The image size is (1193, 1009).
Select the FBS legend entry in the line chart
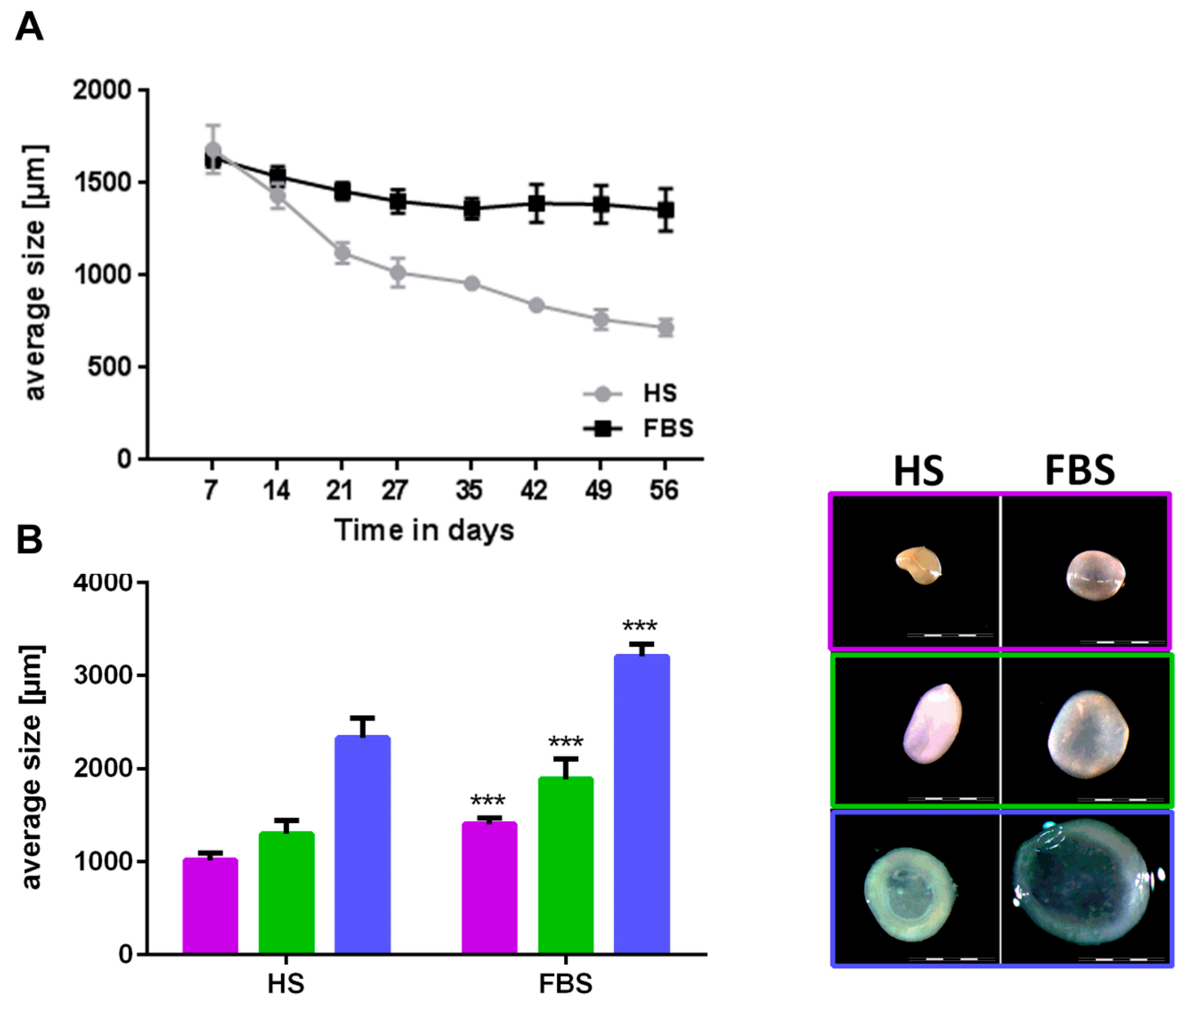coord(668,428)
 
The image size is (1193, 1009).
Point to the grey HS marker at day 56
coord(665,328)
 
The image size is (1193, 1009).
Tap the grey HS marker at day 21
coord(342,253)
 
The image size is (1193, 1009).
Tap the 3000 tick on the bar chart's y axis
coord(102,675)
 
